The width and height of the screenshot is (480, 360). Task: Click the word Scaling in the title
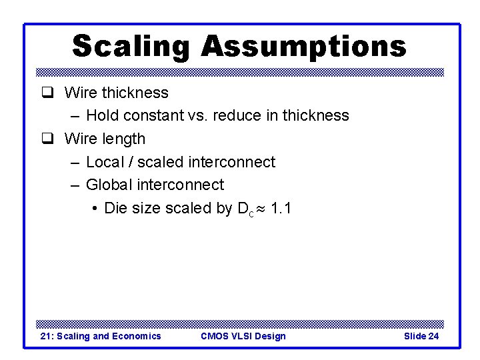(130, 47)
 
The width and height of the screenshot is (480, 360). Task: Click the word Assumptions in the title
(303, 47)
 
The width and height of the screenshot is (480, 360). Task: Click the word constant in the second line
(151, 115)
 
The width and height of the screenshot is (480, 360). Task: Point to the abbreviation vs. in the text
(197, 115)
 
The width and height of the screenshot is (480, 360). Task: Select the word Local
(107, 162)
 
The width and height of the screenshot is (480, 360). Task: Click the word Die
(115, 208)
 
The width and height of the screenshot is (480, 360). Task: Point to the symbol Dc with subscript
(245, 209)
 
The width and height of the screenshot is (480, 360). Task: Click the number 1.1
(281, 208)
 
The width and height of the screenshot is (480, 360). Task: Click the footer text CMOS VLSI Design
(243, 336)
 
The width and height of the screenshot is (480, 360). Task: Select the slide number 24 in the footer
(433, 336)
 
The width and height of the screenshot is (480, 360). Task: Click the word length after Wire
(123, 139)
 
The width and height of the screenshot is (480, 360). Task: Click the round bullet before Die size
(95, 209)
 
